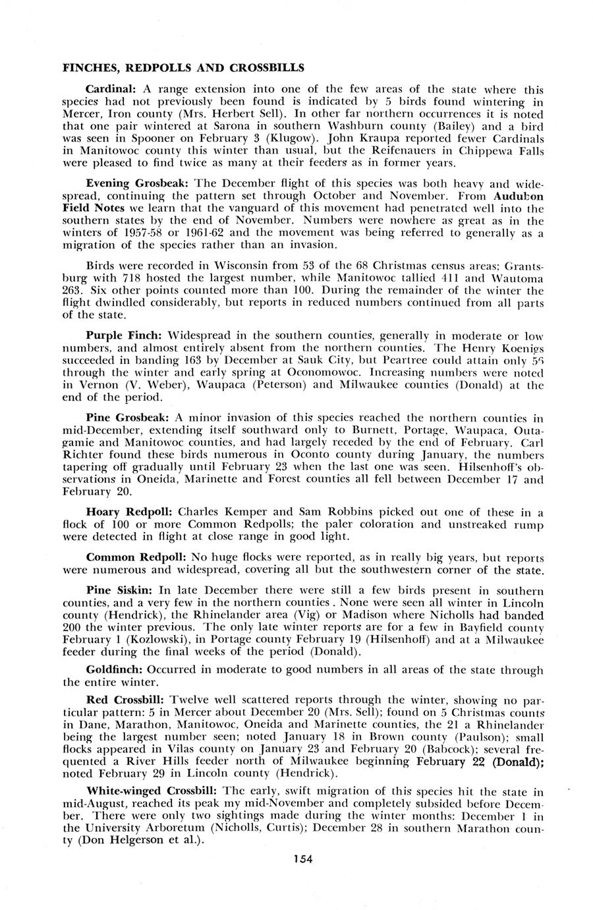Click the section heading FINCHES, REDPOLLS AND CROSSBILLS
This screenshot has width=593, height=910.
pyautogui.click(x=183, y=67)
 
